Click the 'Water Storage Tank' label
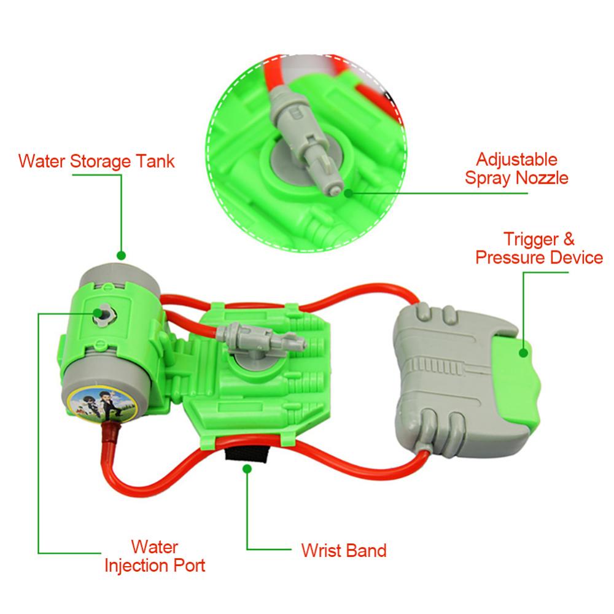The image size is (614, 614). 96,161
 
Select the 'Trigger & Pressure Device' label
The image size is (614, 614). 539,247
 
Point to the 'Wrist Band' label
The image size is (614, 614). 344,550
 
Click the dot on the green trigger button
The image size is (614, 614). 524,352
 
